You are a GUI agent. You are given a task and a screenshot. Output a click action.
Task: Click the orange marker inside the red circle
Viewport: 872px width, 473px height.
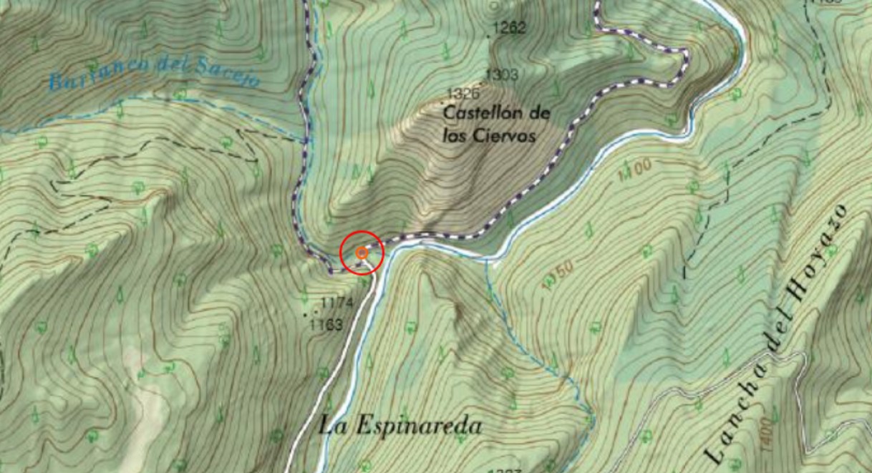tap(362, 253)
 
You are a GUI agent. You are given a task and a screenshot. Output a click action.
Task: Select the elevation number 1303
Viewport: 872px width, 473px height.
tap(502, 74)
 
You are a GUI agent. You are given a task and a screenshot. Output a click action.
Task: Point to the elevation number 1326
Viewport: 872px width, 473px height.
tap(462, 94)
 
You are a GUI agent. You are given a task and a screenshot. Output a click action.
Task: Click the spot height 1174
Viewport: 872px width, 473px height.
tap(337, 303)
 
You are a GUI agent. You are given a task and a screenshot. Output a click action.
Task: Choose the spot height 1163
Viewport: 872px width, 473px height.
tap(326, 325)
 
